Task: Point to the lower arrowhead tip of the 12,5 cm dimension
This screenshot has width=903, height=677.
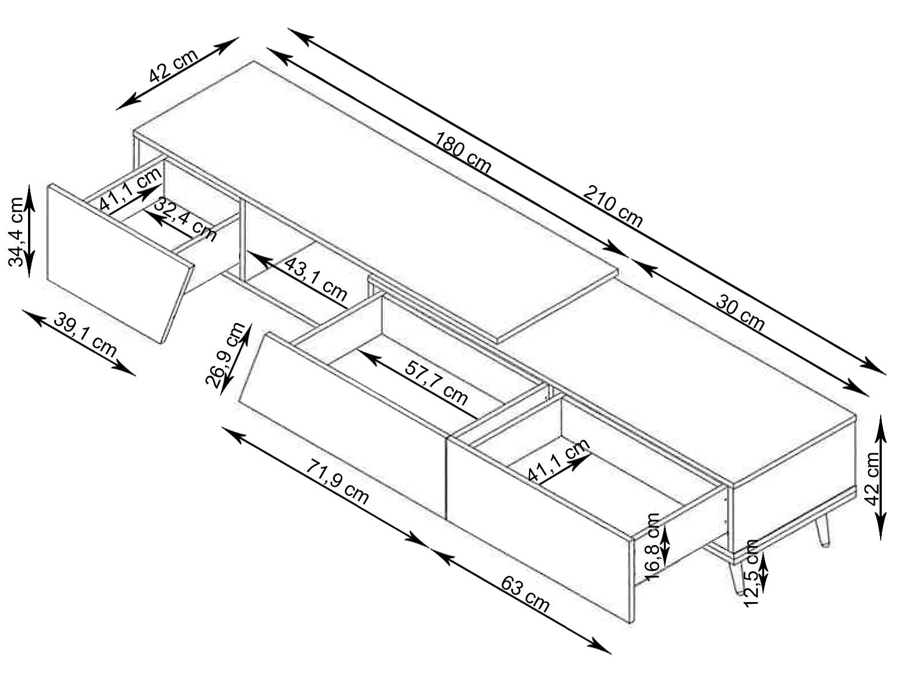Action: click(763, 593)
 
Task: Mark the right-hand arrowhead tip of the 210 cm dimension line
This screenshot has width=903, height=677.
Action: click(886, 375)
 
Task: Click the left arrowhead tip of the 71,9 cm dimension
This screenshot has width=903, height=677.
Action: click(222, 427)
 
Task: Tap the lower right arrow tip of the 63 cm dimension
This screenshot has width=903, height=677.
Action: click(611, 654)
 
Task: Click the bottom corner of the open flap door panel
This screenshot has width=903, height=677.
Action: click(161, 344)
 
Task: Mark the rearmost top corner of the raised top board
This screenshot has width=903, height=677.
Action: click(253, 61)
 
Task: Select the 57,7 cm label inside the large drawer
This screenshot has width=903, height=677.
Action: click(436, 383)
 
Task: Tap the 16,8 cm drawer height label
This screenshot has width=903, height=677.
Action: click(653, 547)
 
